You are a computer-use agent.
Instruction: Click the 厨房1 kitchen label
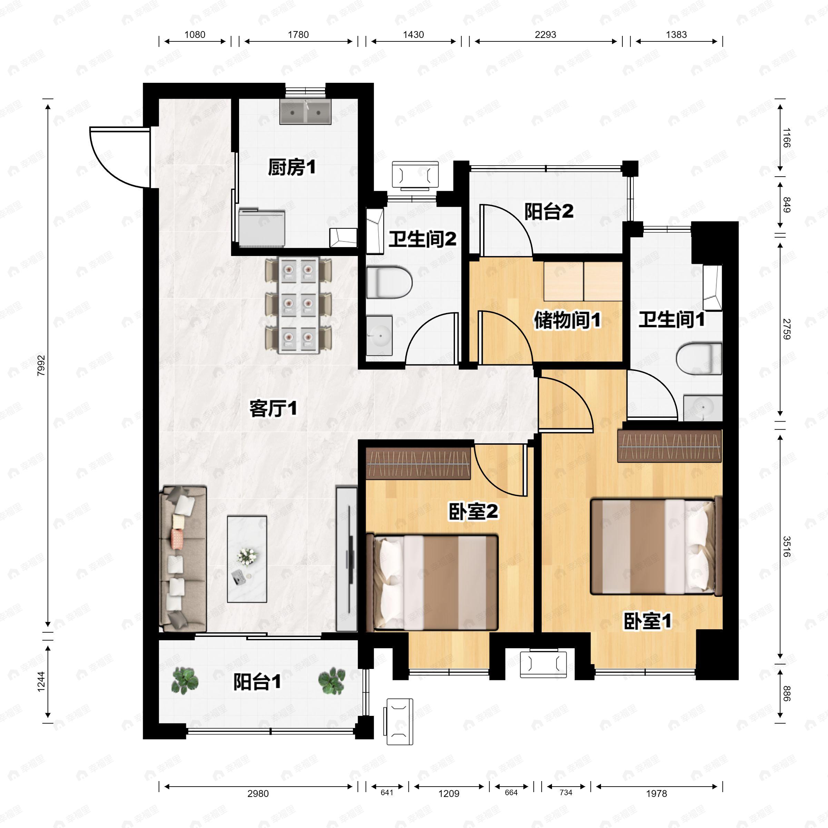point(292,167)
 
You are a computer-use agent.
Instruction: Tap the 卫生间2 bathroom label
point(423,239)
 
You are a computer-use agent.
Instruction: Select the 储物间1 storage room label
point(567,320)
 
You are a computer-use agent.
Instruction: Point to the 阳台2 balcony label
point(549,211)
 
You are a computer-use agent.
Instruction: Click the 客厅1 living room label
point(273,409)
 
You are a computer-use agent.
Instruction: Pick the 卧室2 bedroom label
point(473,511)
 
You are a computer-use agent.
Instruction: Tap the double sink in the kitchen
point(305,112)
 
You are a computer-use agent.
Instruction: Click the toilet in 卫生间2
point(389,283)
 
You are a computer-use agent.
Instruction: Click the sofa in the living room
point(183,559)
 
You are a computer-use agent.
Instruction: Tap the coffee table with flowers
point(247,559)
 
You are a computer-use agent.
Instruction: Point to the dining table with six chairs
point(299,305)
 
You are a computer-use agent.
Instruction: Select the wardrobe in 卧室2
point(419,464)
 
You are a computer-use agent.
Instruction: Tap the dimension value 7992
point(41,366)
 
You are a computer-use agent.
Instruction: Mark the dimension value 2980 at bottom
point(258,794)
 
